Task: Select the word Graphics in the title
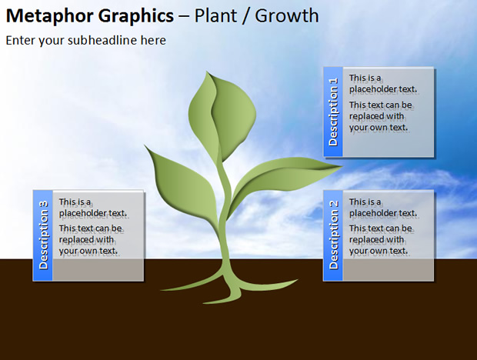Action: [x=136, y=17]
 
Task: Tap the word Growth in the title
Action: [x=287, y=16]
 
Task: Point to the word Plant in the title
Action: [x=215, y=16]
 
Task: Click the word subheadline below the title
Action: [x=102, y=40]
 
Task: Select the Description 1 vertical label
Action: [x=333, y=112]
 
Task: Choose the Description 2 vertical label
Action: [x=333, y=235]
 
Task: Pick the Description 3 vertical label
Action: [x=44, y=235]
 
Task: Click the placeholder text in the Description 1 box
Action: [x=383, y=103]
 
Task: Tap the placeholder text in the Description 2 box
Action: [x=383, y=226]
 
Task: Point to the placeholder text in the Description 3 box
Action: [x=93, y=226]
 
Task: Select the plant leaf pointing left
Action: [x=182, y=182]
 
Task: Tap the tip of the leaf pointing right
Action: [x=343, y=166]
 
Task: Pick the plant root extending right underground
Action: [x=268, y=285]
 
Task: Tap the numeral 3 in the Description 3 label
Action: [x=44, y=204]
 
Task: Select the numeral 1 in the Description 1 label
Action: [x=333, y=81]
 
